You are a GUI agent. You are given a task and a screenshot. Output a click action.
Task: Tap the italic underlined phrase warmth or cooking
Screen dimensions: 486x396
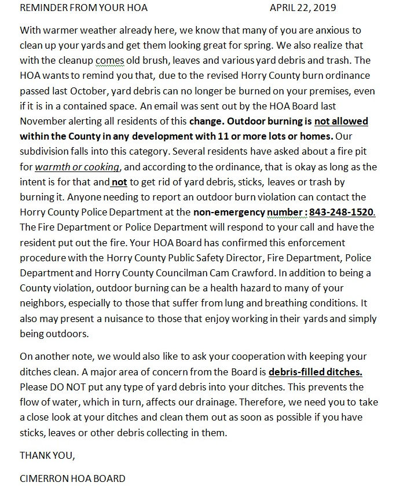(77, 167)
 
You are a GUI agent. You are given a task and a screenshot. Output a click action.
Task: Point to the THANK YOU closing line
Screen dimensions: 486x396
(47, 455)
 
